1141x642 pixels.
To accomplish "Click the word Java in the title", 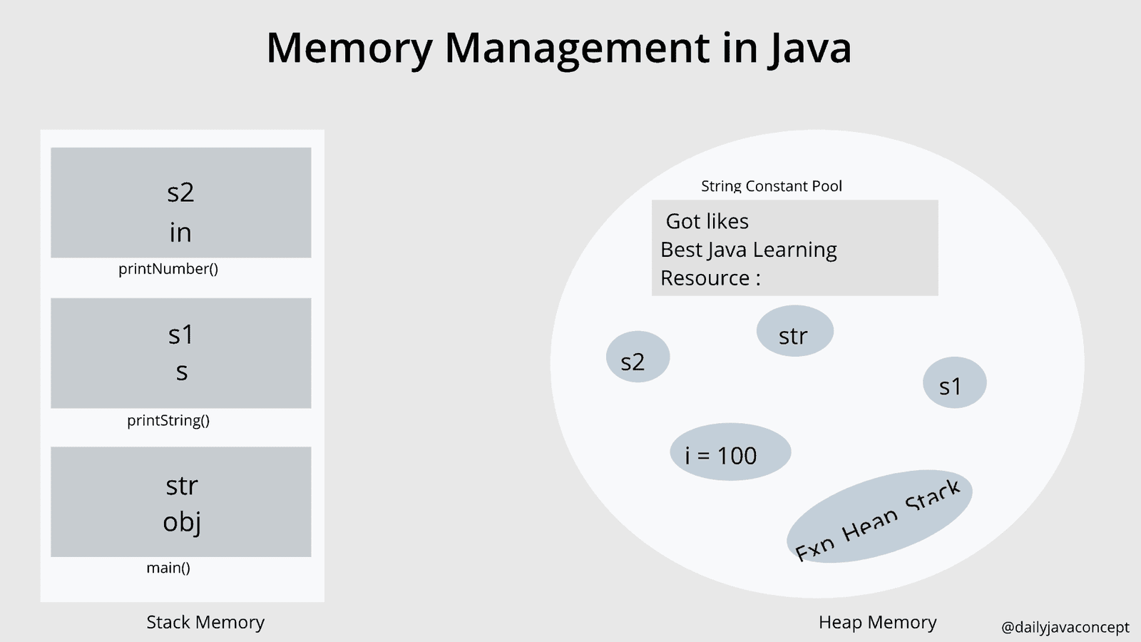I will tap(810, 49).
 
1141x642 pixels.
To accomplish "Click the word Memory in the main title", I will tap(349, 49).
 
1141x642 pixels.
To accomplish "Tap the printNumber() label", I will tap(168, 269).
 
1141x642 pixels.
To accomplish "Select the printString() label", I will tap(168, 420).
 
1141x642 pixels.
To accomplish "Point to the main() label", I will tap(168, 568).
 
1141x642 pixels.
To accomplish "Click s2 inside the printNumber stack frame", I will tap(180, 193).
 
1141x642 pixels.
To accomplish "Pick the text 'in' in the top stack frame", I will tap(180, 233).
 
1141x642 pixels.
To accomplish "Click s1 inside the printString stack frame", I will tap(180, 335).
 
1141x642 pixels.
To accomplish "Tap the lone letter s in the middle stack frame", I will tap(182, 372).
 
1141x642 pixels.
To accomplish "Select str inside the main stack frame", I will tap(181, 486).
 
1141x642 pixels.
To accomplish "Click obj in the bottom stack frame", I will tap(181, 522).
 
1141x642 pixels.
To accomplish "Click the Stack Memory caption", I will tap(205, 622).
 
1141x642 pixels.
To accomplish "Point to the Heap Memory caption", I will tap(877, 622).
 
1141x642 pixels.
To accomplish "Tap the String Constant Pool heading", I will tap(771, 186).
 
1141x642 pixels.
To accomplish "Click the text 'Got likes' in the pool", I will tap(707, 221).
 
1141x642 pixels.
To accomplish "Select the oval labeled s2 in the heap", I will tap(638, 357).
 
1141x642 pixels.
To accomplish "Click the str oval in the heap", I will tap(794, 332).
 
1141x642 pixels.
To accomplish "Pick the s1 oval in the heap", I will tap(954, 383).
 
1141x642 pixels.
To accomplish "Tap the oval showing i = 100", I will tap(730, 452).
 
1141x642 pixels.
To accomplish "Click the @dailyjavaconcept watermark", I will tap(1065, 627).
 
